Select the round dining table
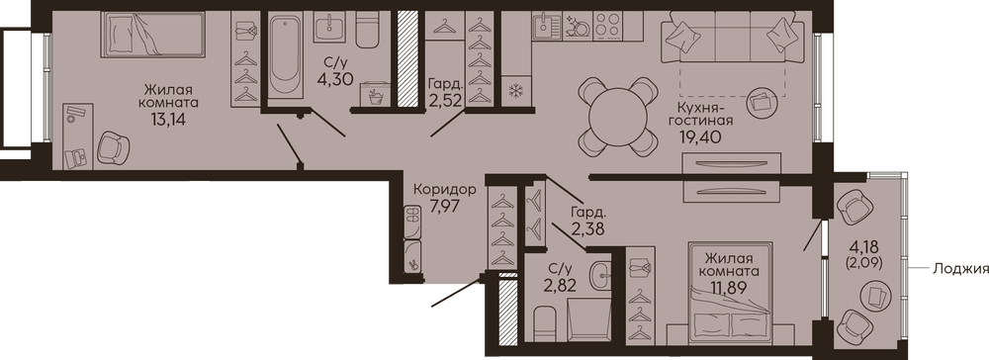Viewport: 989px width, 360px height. (x=617, y=117)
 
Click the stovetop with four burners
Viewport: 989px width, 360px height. (x=608, y=27)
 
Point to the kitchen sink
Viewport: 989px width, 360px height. (x=547, y=27)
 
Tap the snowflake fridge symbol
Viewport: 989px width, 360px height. (x=516, y=91)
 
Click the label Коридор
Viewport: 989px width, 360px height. (x=445, y=189)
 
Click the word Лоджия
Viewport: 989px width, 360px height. (x=959, y=269)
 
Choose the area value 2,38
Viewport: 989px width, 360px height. (x=587, y=228)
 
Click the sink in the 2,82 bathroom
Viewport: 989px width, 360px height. (x=601, y=274)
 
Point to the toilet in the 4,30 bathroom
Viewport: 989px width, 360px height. (x=367, y=29)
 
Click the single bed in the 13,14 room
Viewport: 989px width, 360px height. (x=152, y=34)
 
